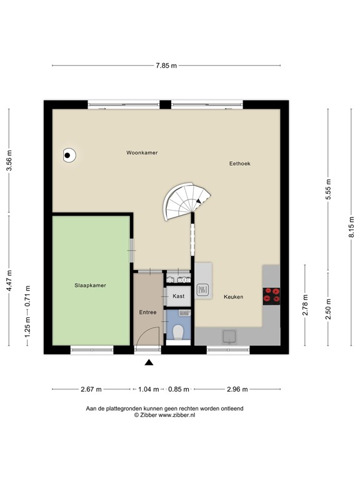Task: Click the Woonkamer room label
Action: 141,152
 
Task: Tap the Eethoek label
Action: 239,163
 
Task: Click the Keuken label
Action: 233,297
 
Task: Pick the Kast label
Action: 178,296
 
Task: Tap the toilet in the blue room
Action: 178,332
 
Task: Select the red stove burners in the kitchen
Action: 272,295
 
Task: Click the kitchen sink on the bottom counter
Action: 229,337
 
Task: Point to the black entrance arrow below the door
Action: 149,362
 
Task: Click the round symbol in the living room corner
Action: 69,154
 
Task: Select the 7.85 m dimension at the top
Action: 166,65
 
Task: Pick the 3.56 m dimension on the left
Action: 9,161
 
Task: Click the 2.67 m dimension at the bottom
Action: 91,389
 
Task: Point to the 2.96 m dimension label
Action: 237,389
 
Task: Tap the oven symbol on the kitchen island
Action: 203,289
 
